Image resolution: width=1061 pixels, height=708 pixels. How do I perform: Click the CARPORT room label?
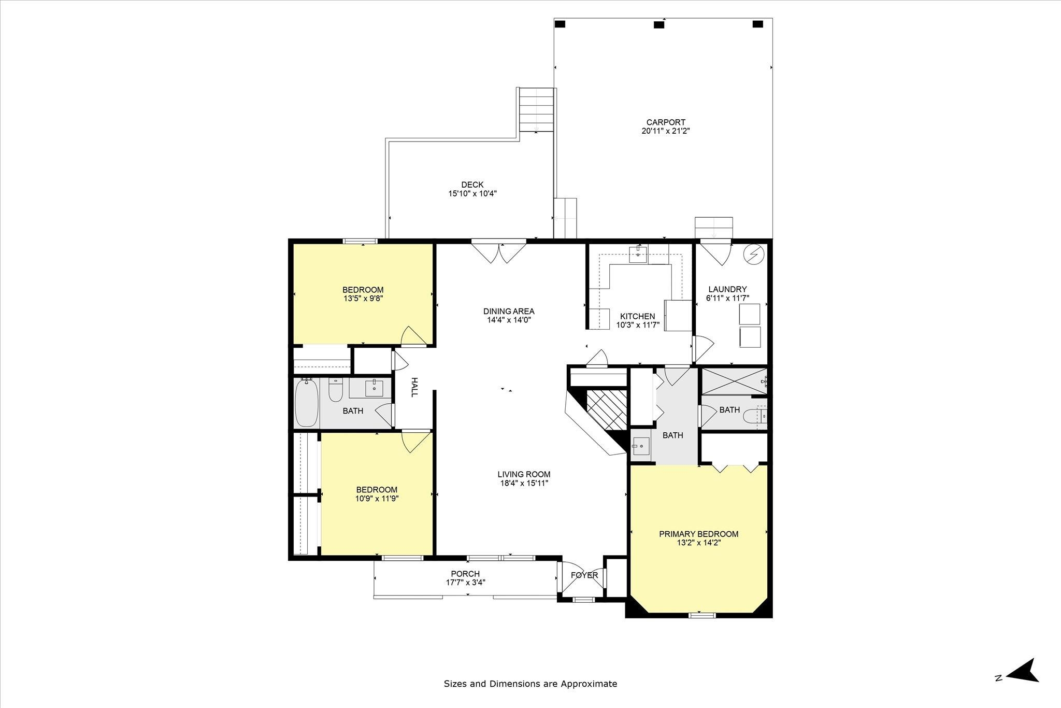point(666,122)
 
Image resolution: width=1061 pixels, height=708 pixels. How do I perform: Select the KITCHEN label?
point(638,316)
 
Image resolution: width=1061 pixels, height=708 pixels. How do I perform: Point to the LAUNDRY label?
point(727,289)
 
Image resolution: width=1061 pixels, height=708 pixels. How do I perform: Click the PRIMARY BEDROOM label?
point(698,534)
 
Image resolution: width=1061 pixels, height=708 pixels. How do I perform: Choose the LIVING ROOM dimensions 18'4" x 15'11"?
point(524,483)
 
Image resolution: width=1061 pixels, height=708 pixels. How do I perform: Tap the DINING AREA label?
point(509,311)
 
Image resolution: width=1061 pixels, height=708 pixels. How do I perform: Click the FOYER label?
point(584,575)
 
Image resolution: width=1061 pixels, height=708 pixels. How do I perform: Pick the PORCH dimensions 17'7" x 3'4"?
point(465,582)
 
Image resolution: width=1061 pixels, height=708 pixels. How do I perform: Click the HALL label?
point(414,387)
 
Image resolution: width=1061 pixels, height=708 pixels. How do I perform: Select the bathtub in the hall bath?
point(305,403)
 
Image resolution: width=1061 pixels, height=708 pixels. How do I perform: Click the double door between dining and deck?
point(499,252)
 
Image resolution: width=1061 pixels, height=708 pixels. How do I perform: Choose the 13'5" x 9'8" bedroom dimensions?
point(363,299)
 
